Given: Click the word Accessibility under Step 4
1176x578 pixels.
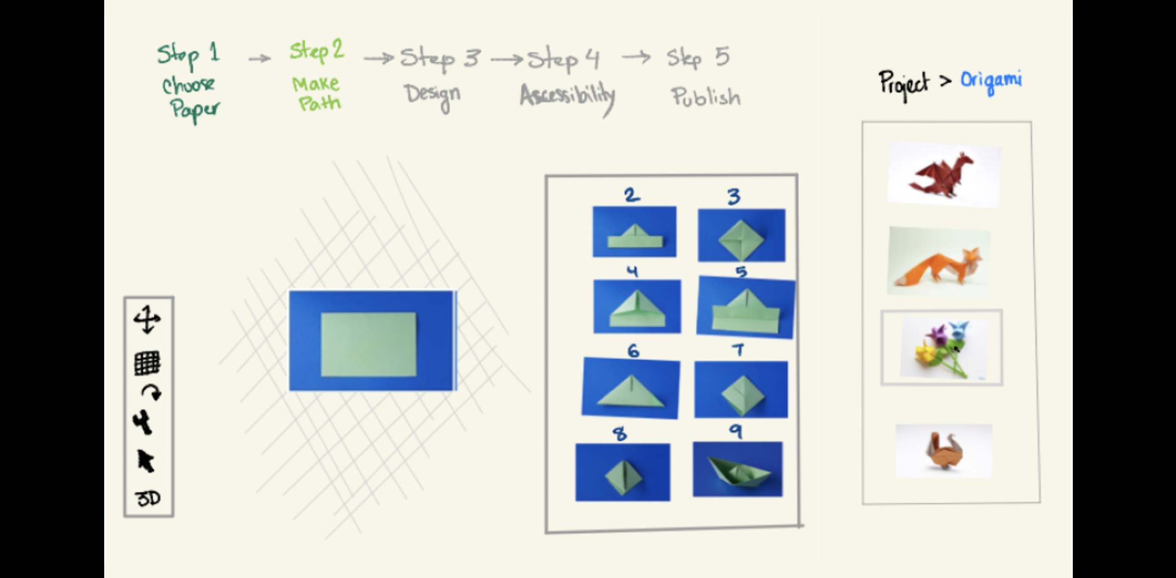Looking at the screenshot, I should tap(567, 96).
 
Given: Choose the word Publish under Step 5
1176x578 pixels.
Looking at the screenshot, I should tap(706, 97).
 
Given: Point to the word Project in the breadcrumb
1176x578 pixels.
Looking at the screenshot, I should tap(904, 83).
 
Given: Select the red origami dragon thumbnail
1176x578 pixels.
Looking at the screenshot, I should tap(944, 174).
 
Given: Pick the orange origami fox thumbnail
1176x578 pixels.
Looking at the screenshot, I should tap(939, 261).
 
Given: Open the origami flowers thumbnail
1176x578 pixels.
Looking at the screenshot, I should tap(942, 348).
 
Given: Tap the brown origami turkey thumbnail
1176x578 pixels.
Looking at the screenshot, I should tap(944, 451).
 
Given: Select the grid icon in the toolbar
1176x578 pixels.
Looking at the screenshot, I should tap(147, 363).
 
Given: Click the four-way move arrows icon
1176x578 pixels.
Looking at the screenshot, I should tap(147, 319).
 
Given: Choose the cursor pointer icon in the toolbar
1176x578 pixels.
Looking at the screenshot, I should tap(146, 461).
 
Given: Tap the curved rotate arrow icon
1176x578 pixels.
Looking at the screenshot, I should tap(151, 392).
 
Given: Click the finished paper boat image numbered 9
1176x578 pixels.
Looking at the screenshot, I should tap(738, 469).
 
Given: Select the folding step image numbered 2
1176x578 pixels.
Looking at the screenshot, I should tap(634, 232).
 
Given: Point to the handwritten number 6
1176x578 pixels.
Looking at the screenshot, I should tap(633, 351).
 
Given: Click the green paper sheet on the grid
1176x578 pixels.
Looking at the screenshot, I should tap(369, 344).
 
